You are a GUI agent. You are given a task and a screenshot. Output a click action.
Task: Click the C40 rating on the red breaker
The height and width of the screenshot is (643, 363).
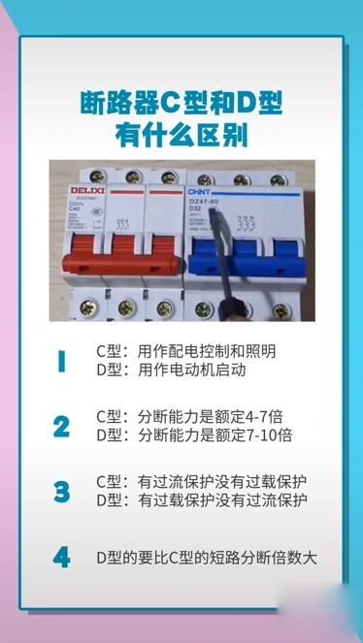point(75,208)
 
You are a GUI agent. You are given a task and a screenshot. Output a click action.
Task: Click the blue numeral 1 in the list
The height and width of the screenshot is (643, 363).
point(61,361)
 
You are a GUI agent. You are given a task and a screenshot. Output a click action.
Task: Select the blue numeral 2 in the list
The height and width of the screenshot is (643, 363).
point(61,426)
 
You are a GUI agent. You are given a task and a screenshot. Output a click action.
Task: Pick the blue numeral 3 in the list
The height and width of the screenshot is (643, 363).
point(61,491)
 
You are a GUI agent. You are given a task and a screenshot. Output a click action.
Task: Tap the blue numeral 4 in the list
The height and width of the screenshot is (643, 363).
point(61,557)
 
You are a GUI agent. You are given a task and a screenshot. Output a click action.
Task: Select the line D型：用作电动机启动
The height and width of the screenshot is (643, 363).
point(165,370)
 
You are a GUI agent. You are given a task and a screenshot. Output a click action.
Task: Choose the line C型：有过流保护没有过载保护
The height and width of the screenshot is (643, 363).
point(202,481)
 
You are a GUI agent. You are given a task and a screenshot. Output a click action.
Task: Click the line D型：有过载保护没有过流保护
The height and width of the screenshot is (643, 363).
point(202,500)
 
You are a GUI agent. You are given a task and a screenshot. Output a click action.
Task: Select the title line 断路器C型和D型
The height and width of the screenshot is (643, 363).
point(181,102)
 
